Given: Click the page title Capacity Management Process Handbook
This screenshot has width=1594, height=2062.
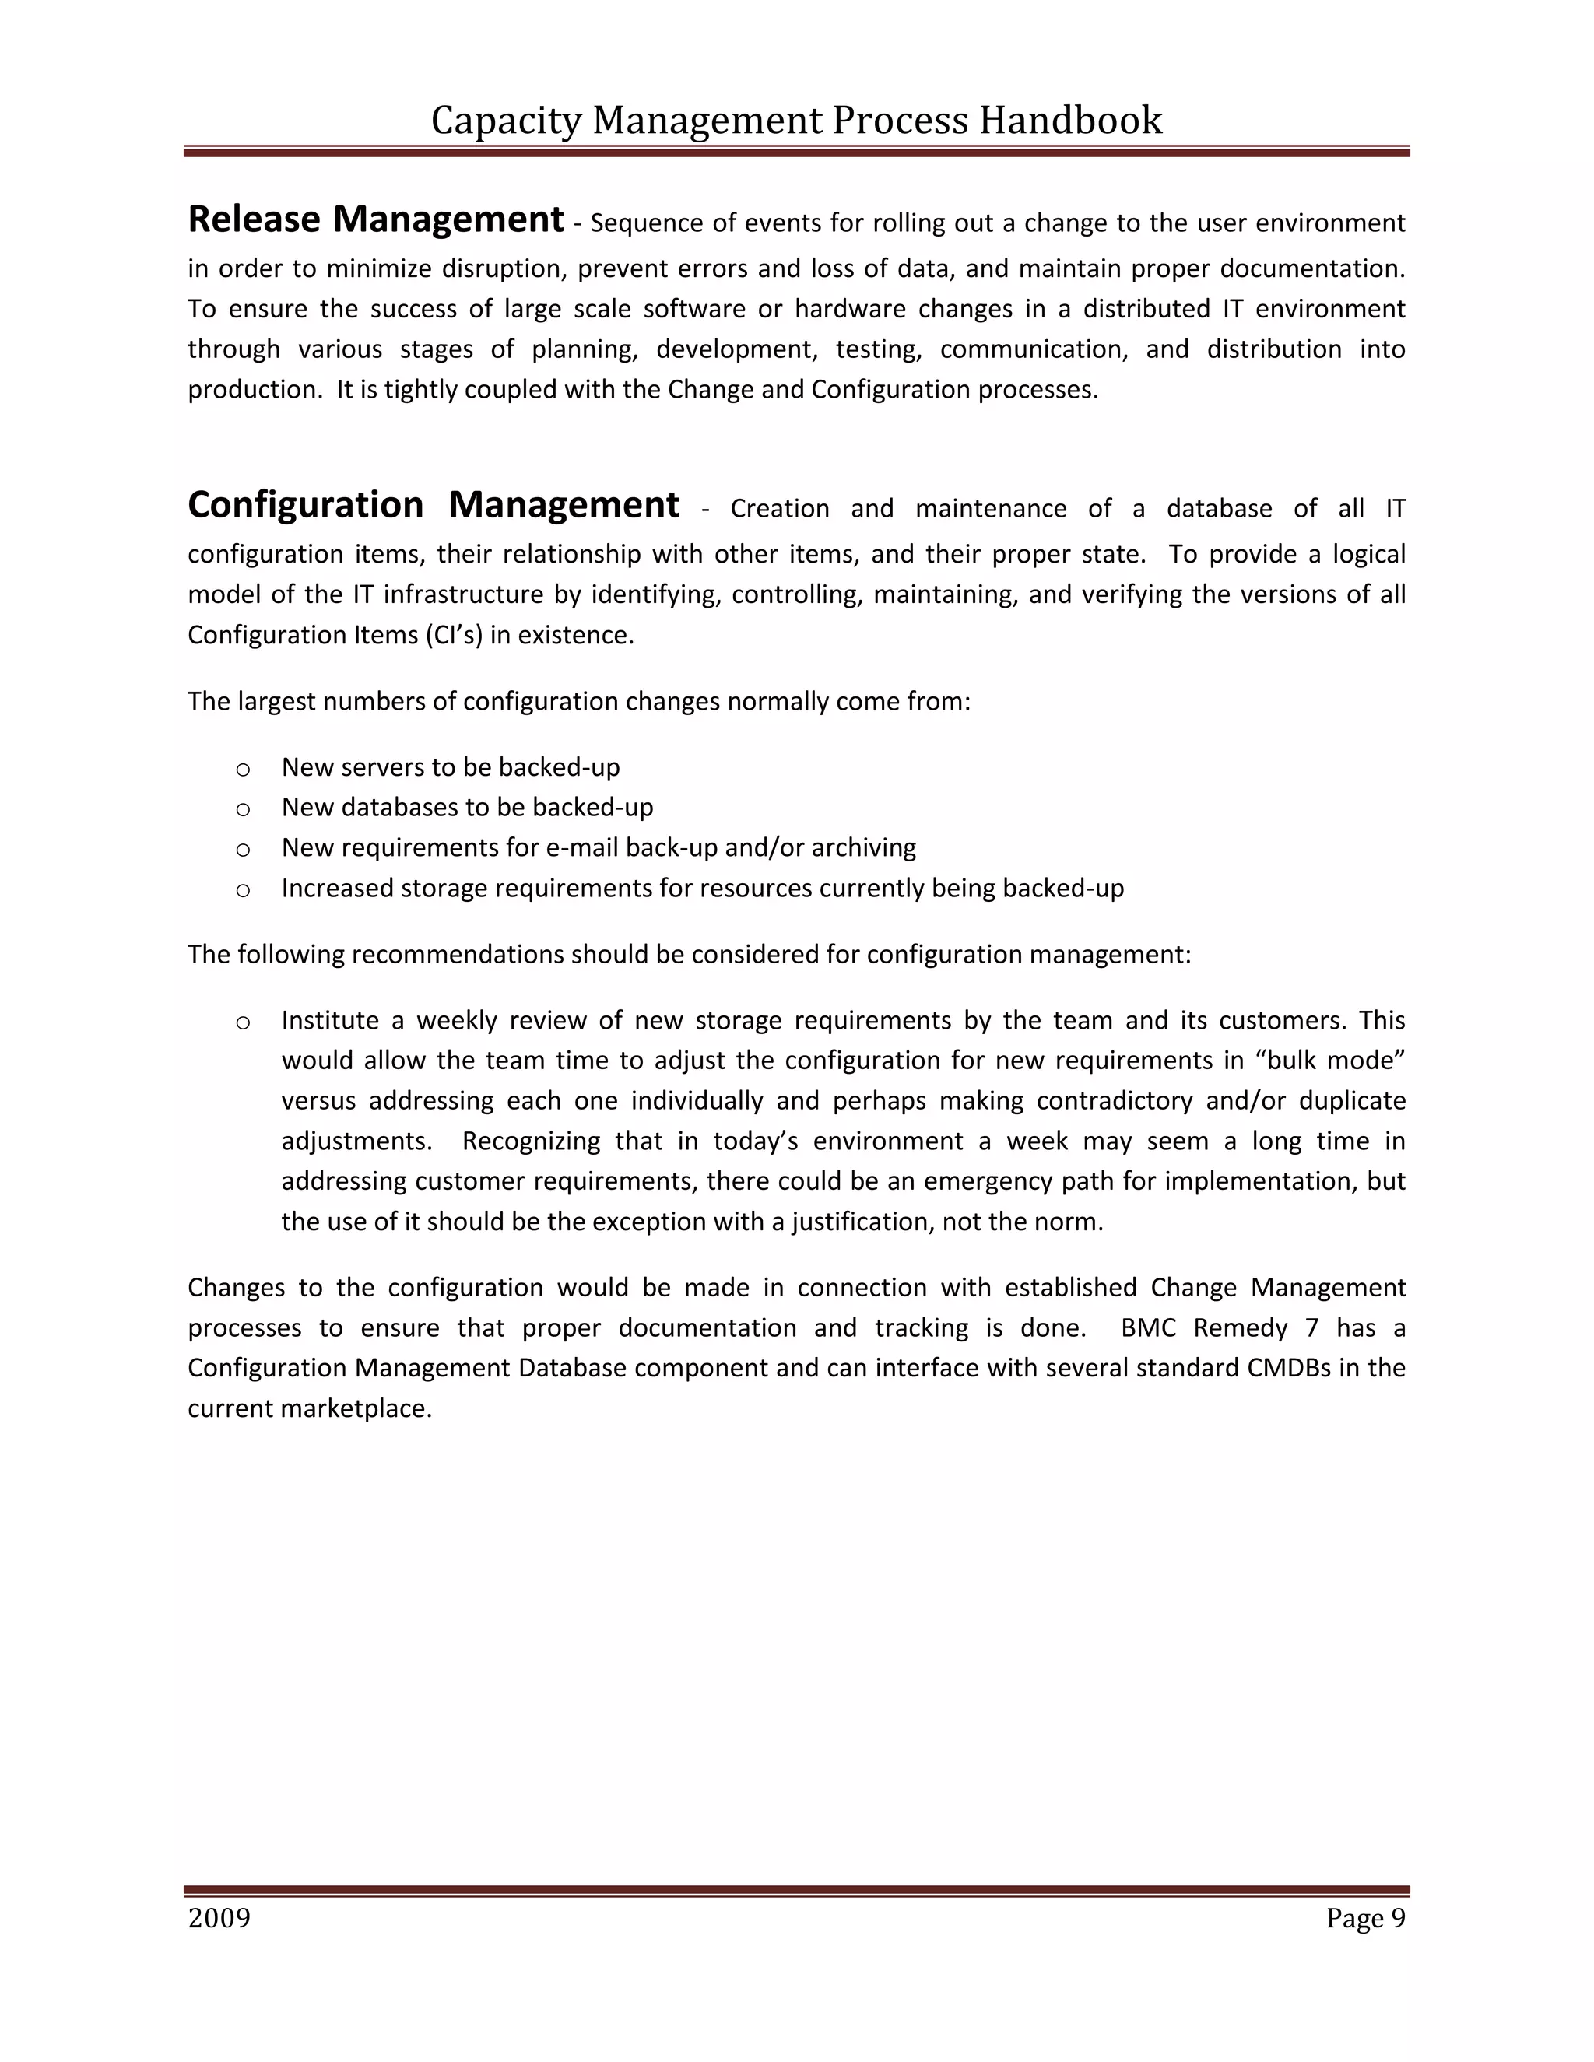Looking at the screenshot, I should (x=796, y=121).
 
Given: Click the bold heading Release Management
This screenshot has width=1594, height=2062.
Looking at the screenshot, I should (x=375, y=219).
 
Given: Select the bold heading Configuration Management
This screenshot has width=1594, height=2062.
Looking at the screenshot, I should (x=433, y=504).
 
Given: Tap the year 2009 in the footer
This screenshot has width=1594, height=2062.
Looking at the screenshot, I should (x=219, y=1919).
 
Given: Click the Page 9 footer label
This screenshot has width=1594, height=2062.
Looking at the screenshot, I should (x=1364, y=1919).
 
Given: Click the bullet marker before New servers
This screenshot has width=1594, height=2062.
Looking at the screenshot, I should (x=243, y=770).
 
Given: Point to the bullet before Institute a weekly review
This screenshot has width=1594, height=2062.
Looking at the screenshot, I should (x=243, y=1022).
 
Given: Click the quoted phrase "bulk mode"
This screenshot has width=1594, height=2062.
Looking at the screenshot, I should (x=1329, y=1061).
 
